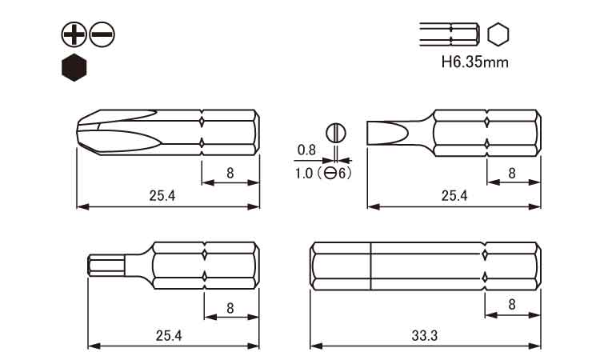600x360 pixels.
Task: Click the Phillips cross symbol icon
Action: tap(74, 34)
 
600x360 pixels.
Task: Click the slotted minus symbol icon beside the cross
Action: tap(102, 34)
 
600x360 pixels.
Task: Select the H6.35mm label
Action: tap(474, 61)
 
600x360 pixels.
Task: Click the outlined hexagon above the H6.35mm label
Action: tap(498, 34)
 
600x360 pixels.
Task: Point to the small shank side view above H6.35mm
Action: tap(450, 34)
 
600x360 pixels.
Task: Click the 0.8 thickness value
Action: tap(306, 150)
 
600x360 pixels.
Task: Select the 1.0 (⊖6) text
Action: tap(323, 173)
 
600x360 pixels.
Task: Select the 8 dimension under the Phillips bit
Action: tap(230, 172)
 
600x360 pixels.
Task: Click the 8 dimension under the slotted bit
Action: tap(512, 172)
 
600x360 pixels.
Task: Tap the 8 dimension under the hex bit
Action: tap(230, 308)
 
